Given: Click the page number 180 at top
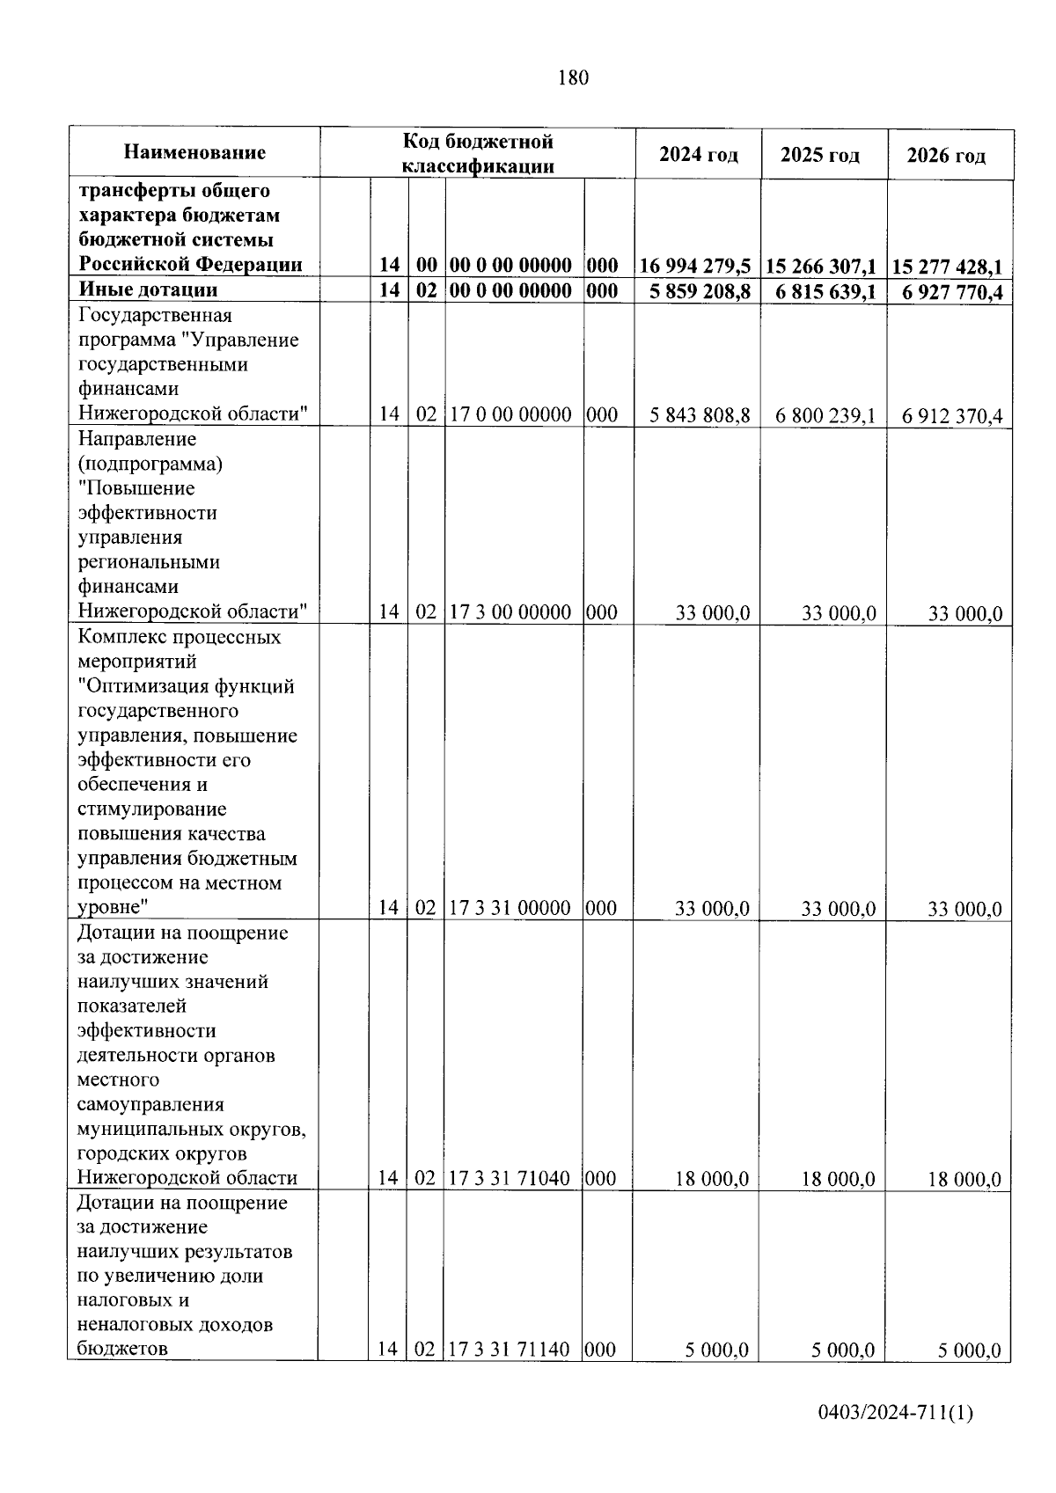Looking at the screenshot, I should pos(573,78).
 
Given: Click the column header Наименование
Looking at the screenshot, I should pos(194,153).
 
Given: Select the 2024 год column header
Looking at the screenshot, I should pos(699,155).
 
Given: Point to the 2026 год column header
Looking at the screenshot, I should pos(947,156).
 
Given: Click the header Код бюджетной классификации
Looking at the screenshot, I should pos(478,153).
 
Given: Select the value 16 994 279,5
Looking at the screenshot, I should pos(695,266).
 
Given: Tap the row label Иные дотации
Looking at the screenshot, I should pos(148,289).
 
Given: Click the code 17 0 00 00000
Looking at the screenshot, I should pos(510,414).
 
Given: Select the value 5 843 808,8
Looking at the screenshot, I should pos(700,415).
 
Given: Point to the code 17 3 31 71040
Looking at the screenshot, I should pos(510,1178).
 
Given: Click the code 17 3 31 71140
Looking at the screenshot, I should pos(510,1349).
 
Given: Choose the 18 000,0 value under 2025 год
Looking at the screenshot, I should pos(838,1179).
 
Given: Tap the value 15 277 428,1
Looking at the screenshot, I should pos(948,267).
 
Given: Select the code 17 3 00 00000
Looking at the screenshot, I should pos(510,612).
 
